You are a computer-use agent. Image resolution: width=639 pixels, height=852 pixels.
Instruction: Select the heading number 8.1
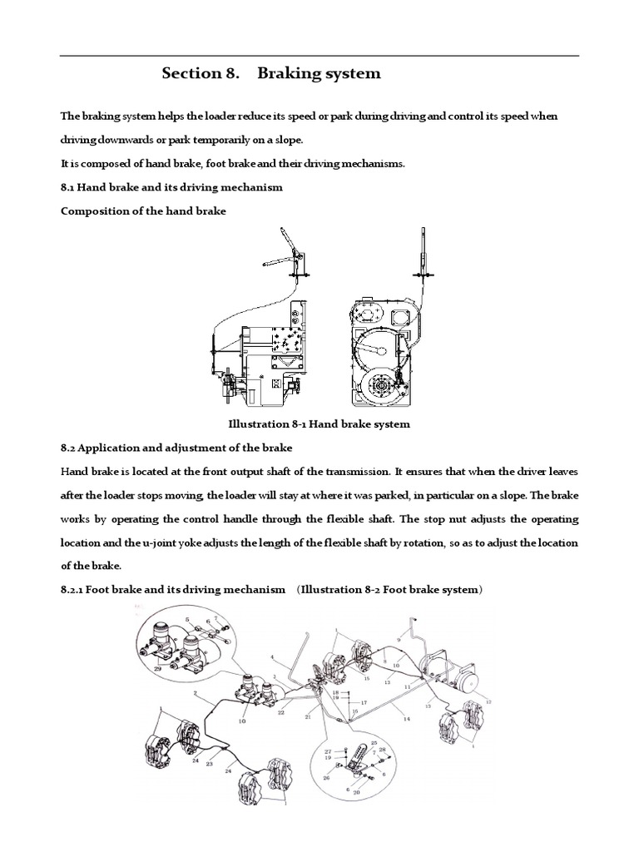pos(71,187)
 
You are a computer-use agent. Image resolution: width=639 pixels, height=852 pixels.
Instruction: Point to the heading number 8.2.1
pos(77,590)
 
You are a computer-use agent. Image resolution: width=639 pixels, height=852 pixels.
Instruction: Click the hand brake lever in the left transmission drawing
pos(283,249)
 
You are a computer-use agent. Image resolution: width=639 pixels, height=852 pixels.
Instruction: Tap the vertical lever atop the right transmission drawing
pos(424,250)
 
